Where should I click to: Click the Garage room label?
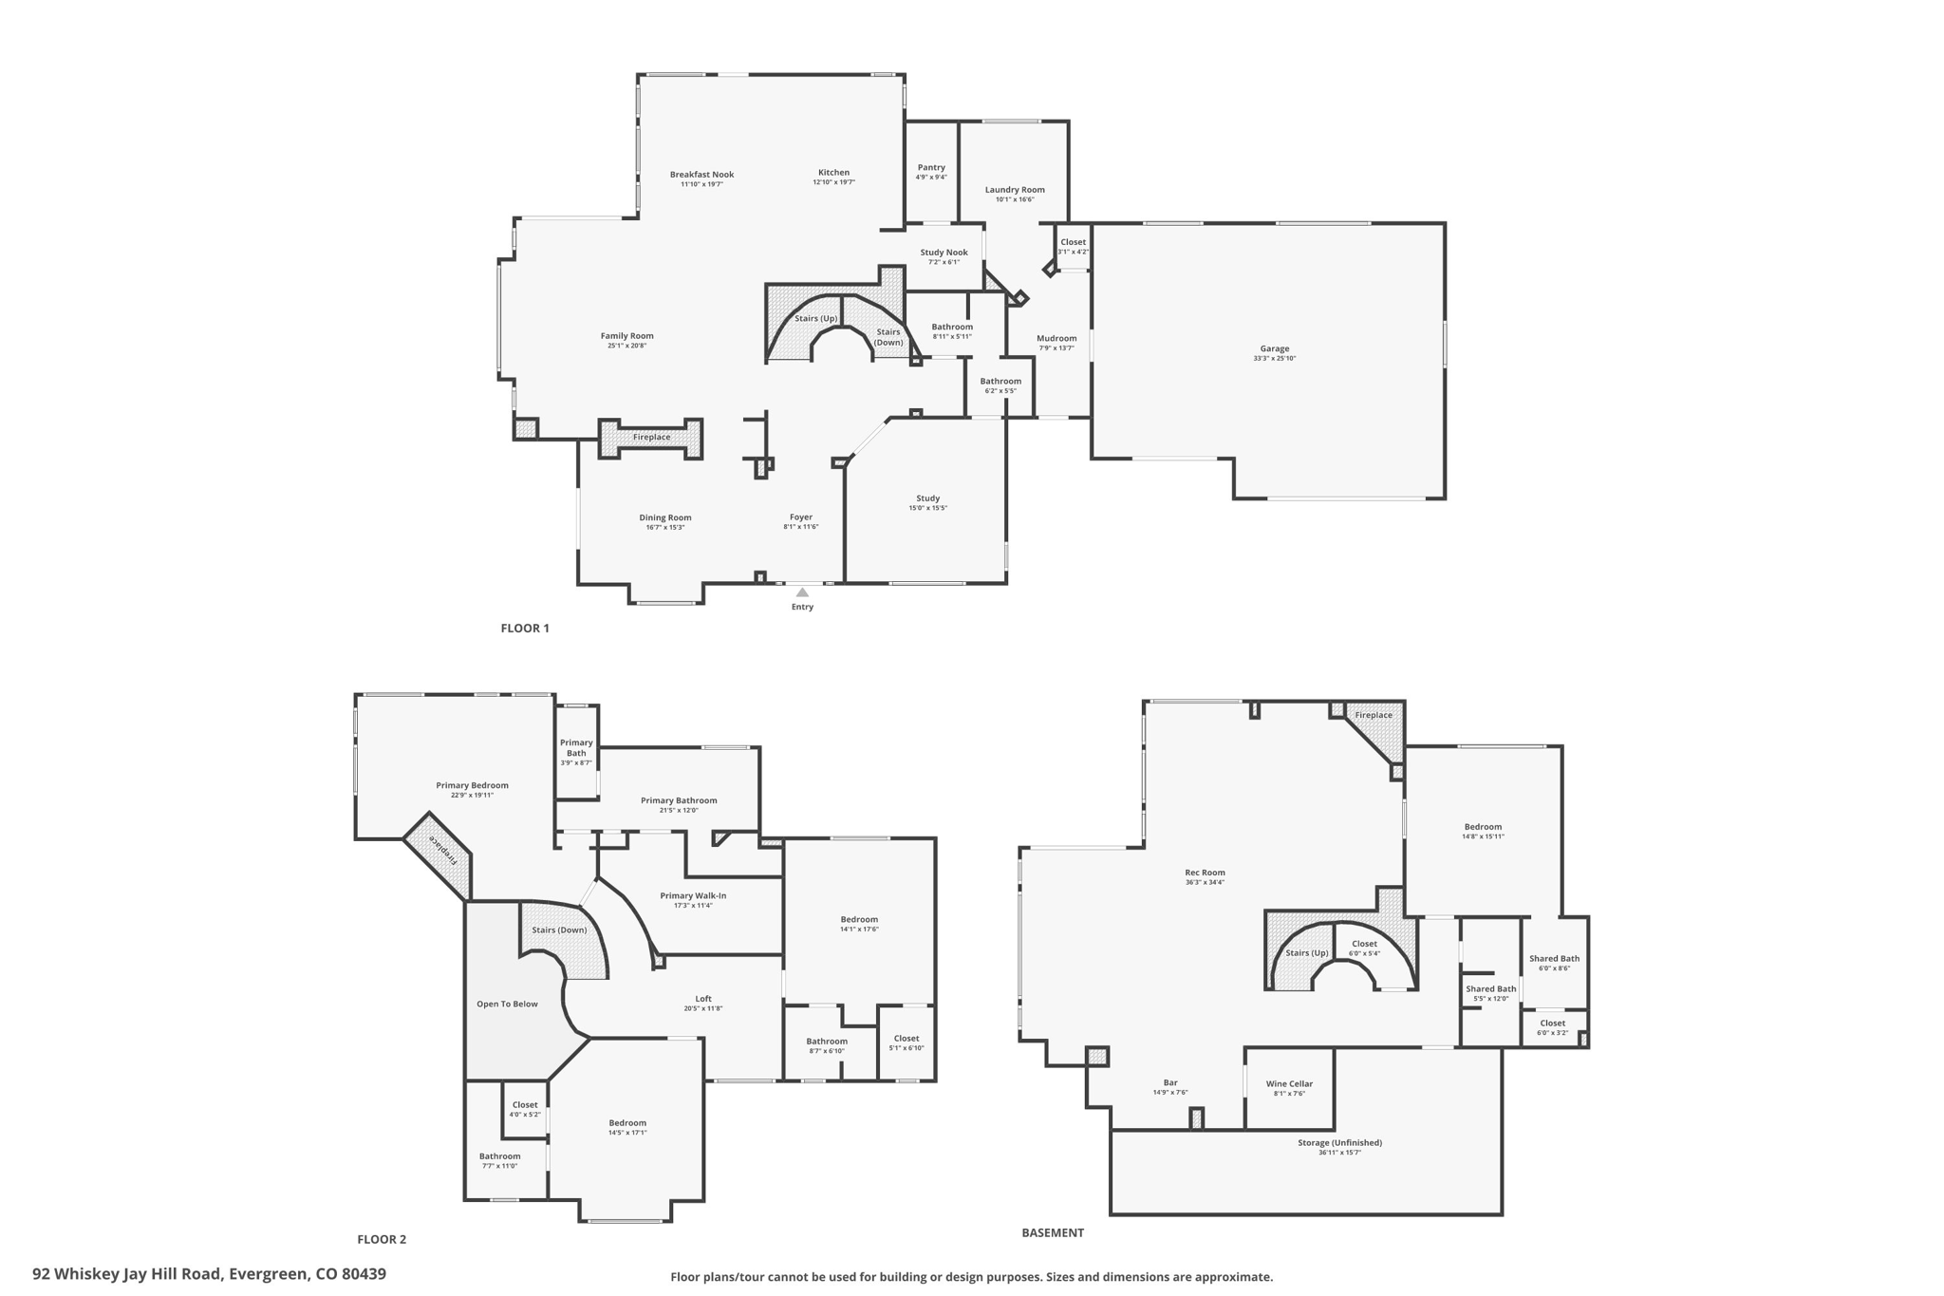point(1274,348)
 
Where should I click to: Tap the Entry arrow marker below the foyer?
point(802,592)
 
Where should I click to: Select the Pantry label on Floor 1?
point(931,167)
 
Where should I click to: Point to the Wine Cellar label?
point(1289,1083)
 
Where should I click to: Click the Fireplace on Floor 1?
point(651,437)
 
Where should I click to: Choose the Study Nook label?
point(944,253)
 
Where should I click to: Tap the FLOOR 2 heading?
point(382,1239)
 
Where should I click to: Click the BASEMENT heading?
point(1052,1232)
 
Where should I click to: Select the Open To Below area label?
point(507,1004)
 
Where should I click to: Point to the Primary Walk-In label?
point(693,895)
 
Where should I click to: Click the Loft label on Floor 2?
point(703,998)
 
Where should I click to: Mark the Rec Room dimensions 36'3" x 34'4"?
point(1205,882)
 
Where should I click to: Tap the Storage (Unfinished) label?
point(1339,1142)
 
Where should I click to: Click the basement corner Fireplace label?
point(1374,715)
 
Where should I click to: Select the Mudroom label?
point(1056,338)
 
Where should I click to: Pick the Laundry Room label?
point(1015,189)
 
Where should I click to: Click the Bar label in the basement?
point(1170,1082)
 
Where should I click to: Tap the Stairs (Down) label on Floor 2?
point(559,930)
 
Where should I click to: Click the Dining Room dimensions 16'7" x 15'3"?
point(664,527)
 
